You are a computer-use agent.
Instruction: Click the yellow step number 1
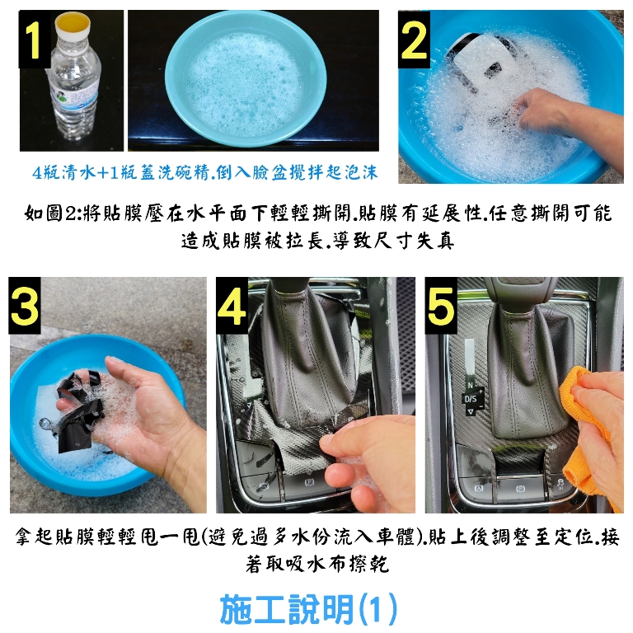tap(31, 40)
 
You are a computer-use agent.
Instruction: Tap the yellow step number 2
tap(414, 40)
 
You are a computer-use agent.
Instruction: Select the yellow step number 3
tap(25, 305)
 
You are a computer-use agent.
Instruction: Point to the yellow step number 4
tap(232, 305)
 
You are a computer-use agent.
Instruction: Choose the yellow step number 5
tap(440, 305)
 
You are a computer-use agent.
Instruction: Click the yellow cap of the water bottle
tap(73, 23)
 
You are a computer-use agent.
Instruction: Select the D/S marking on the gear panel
tap(471, 399)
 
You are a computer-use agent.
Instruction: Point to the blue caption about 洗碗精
tap(204, 173)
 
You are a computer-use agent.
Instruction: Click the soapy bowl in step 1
tap(246, 79)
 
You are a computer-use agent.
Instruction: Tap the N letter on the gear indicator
tap(470, 385)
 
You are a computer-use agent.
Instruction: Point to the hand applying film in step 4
tap(363, 460)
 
